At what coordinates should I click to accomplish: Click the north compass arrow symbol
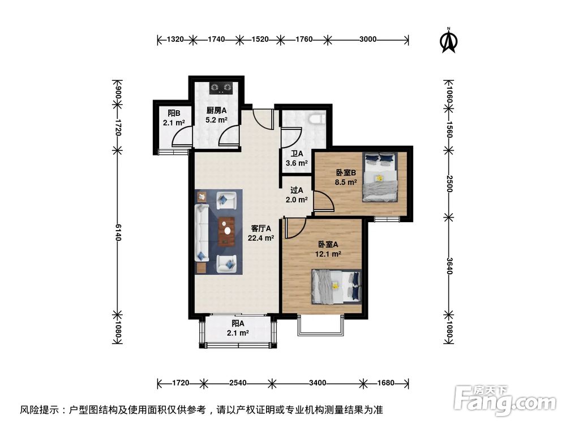(x=449, y=40)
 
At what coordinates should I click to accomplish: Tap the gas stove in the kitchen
(x=221, y=88)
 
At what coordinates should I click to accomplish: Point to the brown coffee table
(x=228, y=231)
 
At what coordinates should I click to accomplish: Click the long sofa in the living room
(x=202, y=232)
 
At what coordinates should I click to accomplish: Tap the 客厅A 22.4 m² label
(x=261, y=233)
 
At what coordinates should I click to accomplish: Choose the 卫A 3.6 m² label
(x=297, y=158)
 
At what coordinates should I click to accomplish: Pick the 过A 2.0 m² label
(x=297, y=195)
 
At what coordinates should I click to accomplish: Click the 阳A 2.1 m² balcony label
(x=238, y=328)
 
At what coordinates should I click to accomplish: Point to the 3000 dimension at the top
(x=367, y=40)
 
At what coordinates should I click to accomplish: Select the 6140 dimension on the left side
(x=118, y=231)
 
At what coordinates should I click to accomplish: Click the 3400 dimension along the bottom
(x=318, y=383)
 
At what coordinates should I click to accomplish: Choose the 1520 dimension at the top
(x=259, y=40)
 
